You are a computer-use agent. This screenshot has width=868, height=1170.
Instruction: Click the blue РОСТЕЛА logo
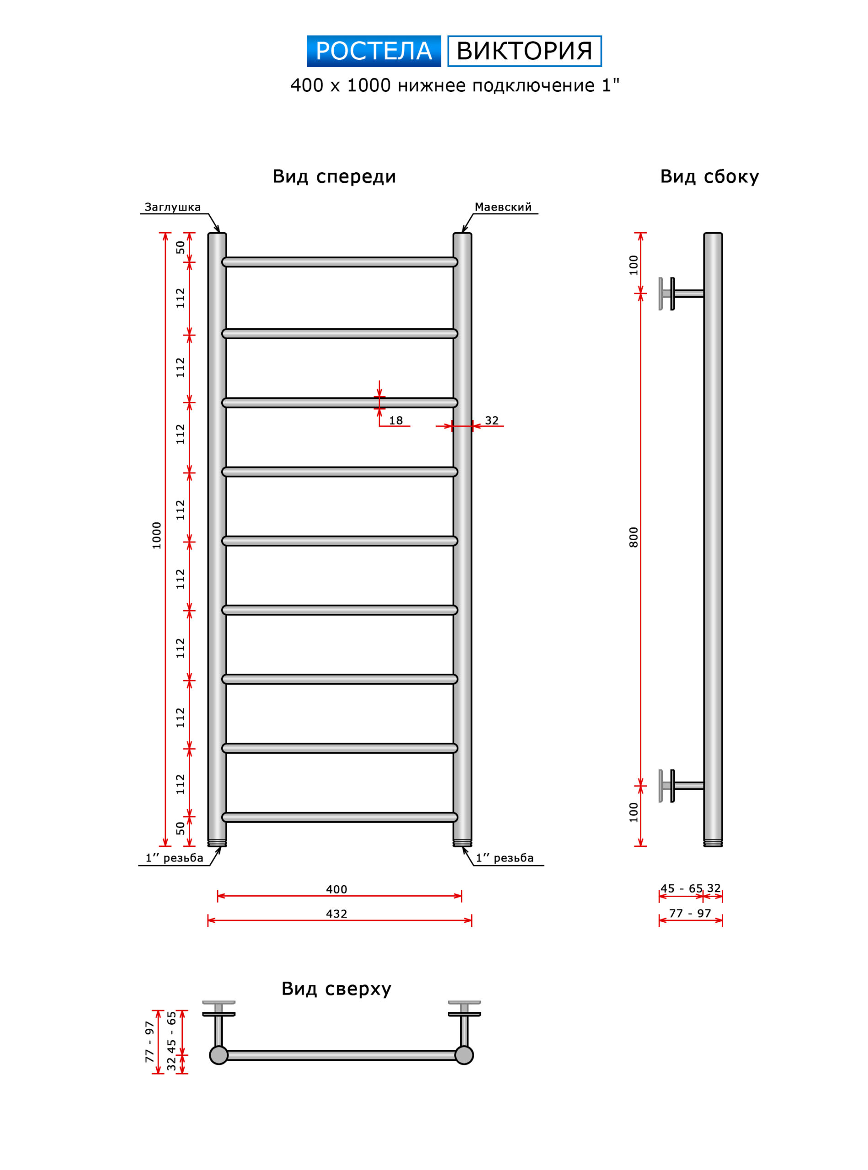373,51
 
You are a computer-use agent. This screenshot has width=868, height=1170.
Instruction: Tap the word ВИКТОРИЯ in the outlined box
524,51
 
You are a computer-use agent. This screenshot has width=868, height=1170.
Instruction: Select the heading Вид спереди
334,176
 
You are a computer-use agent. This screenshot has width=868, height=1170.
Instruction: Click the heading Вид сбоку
709,176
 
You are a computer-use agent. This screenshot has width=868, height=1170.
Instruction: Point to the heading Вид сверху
336,989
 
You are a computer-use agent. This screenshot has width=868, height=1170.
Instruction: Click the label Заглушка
172,207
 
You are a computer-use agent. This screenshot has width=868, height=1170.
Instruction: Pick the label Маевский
503,207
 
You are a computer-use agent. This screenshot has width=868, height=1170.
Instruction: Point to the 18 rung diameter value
396,420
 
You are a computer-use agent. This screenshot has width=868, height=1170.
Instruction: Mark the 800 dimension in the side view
634,537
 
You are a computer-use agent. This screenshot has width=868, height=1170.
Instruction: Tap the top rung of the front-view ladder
340,262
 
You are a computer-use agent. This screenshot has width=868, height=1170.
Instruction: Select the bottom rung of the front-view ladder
340,817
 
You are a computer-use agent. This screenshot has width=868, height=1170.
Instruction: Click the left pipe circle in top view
218,1055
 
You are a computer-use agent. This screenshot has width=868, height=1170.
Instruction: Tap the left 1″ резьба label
175,858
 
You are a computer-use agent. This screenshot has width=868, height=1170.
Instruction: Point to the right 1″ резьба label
505,858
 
